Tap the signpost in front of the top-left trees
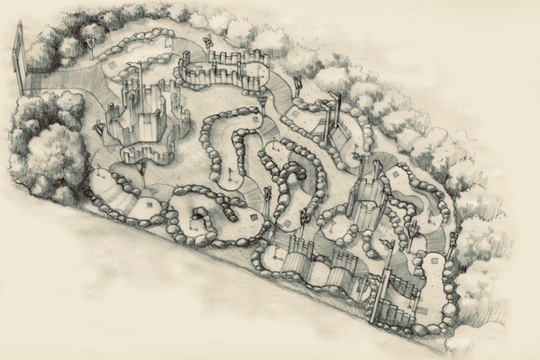(x=91, y=42)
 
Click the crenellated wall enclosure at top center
(x=216, y=68)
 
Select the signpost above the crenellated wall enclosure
(x=206, y=41)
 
